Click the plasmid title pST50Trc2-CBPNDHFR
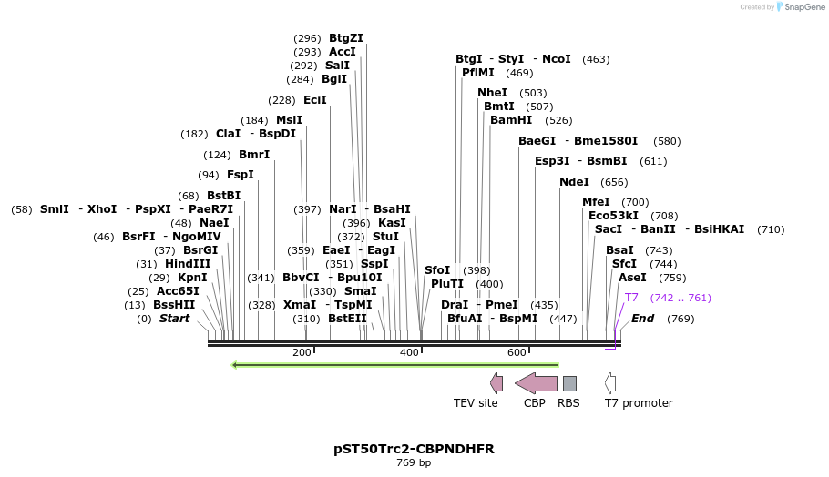point(414,449)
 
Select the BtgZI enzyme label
point(345,38)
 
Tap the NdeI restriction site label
point(574,182)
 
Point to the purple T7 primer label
point(631,298)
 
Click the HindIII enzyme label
point(188,264)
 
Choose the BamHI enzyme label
point(511,120)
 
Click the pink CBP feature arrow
point(536,382)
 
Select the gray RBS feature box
point(569,383)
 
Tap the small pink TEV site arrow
point(496,382)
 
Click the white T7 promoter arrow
point(610,382)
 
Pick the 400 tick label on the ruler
point(409,353)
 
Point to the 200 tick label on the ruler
point(302,353)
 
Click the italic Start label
point(174,319)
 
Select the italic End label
point(642,319)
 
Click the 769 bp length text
point(414,463)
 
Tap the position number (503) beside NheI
point(533,93)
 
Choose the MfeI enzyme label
point(596,202)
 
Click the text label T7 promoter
point(639,403)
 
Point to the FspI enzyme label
point(240,175)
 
